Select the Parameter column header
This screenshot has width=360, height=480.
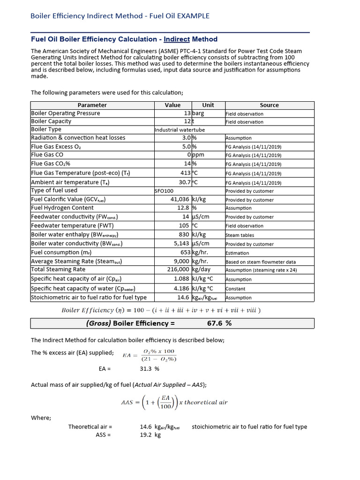(x=92, y=105)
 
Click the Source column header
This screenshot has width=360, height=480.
(x=269, y=105)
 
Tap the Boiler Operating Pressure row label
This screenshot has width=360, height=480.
(x=66, y=113)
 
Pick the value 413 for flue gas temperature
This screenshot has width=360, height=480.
(x=185, y=173)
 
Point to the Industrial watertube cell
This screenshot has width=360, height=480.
(x=180, y=130)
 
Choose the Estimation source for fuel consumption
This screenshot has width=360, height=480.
(x=238, y=253)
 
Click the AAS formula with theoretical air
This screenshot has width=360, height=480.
(x=174, y=402)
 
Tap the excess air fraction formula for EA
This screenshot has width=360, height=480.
(x=150, y=355)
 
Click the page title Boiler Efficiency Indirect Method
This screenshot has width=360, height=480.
(x=120, y=16)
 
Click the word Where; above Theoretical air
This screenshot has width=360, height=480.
(x=41, y=418)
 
